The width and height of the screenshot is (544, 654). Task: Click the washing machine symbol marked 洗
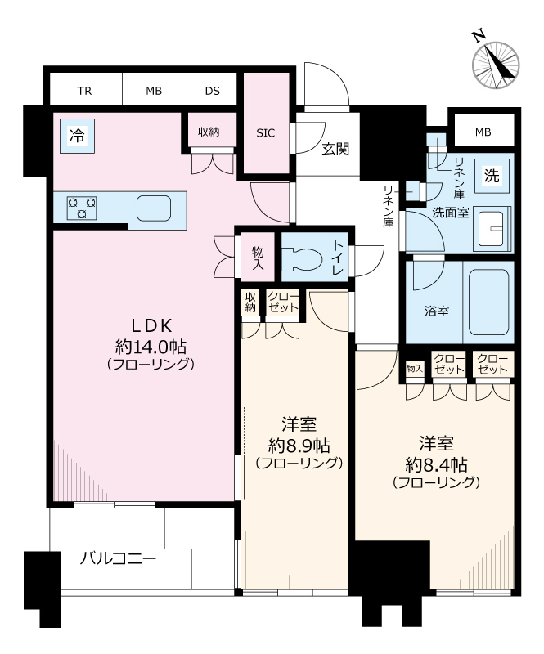pyautogui.click(x=492, y=174)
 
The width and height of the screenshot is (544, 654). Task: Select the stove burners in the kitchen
pyautogui.click(x=81, y=208)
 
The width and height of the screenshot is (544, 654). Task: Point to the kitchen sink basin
pyautogui.click(x=153, y=208)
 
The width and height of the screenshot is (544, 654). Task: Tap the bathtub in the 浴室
pyautogui.click(x=489, y=302)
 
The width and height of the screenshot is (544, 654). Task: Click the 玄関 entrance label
pyautogui.click(x=335, y=149)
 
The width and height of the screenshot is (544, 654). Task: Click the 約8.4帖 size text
pyautogui.click(x=435, y=464)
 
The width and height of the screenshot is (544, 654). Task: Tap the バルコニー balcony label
pyautogui.click(x=117, y=559)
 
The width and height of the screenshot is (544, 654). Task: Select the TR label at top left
pyautogui.click(x=84, y=90)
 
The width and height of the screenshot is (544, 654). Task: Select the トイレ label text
pyautogui.click(x=339, y=256)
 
